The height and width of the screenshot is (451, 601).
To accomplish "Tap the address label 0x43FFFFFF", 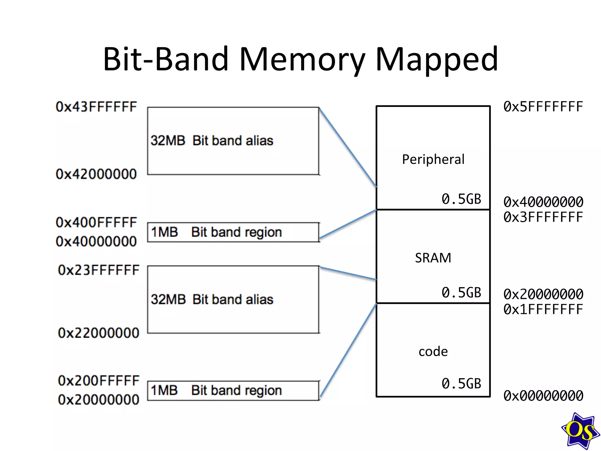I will pos(96,107).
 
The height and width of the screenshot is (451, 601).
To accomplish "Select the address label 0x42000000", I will pos(96,174).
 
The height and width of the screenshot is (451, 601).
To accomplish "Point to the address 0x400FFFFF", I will pos(96,223).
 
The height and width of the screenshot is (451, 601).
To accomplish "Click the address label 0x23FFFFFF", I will pos(99,270).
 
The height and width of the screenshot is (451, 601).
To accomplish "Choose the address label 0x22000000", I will pos(99,333).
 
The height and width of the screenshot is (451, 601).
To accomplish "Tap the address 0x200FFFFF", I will pos(99,381).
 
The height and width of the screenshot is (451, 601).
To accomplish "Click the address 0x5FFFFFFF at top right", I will pos(543,107).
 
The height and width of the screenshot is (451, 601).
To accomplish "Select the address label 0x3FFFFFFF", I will pos(543,218).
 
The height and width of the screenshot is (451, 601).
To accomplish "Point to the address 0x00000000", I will pos(543,396).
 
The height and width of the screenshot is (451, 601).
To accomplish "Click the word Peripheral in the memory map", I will pos(433,160).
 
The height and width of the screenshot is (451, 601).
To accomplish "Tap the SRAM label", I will pos(433,258).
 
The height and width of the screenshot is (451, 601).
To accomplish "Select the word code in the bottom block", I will pos(433,352).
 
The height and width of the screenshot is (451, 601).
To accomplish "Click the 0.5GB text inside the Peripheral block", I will pos(461,199).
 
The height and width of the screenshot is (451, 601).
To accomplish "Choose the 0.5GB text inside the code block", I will pos(461,384).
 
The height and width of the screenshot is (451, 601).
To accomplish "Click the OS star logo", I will pos(580,431).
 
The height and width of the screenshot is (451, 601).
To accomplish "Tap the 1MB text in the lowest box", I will pos(164,391).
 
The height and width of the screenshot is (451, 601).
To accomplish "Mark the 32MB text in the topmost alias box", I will pos(168,141).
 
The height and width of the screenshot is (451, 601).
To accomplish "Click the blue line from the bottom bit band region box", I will pos(348,349).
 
